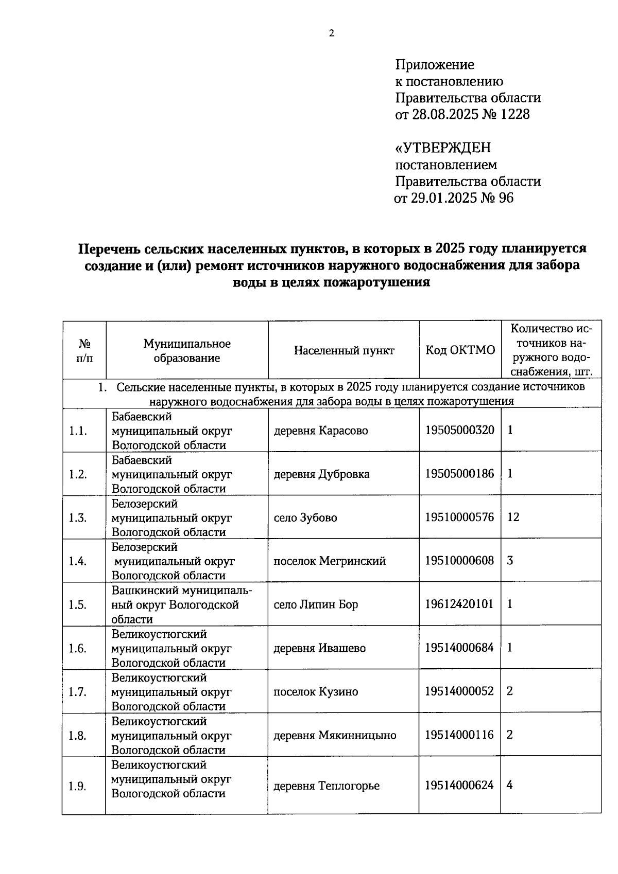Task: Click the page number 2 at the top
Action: (331, 33)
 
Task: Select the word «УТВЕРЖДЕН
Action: (443, 148)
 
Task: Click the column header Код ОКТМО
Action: (460, 350)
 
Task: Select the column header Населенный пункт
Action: (344, 351)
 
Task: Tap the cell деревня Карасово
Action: (321, 431)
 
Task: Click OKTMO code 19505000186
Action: (459, 473)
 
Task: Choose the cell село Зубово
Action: (305, 518)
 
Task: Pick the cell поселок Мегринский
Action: (330, 561)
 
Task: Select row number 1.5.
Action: (78, 605)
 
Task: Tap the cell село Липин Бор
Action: (316, 604)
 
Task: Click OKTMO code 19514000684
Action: (459, 647)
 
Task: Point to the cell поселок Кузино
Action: (316, 692)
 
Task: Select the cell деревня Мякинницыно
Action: (335, 736)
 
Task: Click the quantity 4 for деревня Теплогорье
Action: (509, 785)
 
